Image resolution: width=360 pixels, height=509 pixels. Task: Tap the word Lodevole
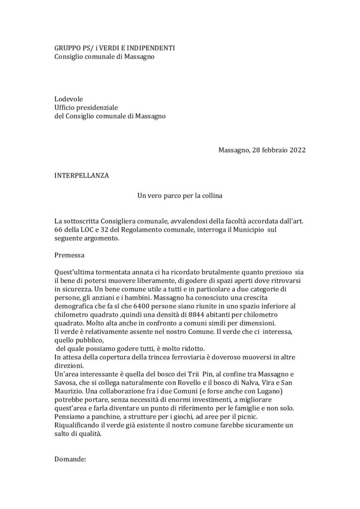[x=69, y=99]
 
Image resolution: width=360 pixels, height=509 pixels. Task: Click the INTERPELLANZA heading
[x=81, y=175]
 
